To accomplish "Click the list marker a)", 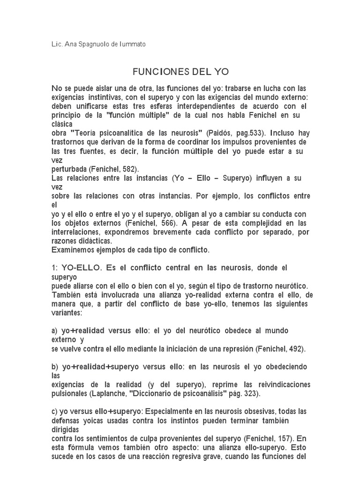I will [x=54, y=330].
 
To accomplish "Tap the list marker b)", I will [x=54, y=366].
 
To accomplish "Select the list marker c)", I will [x=54, y=411].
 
